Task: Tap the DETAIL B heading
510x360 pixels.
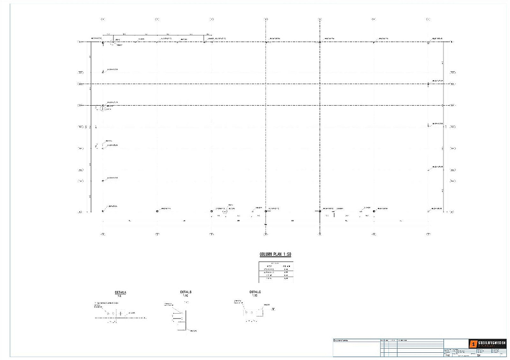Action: pyautogui.click(x=186, y=292)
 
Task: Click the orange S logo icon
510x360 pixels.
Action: pyautogui.click(x=474, y=344)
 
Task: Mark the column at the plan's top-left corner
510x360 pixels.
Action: pyautogui.click(x=103, y=42)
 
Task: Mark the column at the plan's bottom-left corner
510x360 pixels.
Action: pyautogui.click(x=103, y=211)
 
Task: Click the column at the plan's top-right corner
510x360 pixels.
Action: pyautogui.click(x=429, y=42)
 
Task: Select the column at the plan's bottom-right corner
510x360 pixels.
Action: pyautogui.click(x=429, y=211)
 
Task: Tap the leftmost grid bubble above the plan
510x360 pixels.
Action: pyautogui.click(x=103, y=19)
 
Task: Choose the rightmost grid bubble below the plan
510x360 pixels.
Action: pyautogui.click(x=429, y=234)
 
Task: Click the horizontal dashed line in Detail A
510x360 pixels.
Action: pyautogui.click(x=120, y=317)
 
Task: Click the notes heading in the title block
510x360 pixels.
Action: pyautogui.click(x=342, y=340)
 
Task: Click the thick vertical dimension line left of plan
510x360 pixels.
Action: pyautogui.click(x=91, y=127)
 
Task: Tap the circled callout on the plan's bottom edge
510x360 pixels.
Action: pyautogui.click(x=225, y=211)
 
